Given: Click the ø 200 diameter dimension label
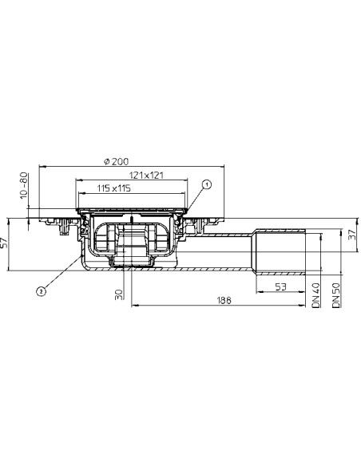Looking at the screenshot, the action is click(117, 161).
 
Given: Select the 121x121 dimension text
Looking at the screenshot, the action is click(146, 175).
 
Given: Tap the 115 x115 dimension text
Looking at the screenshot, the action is click(114, 188).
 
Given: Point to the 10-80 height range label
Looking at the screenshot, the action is click(23, 186).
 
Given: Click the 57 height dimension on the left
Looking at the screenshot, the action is click(4, 243).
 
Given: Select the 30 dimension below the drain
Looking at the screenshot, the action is click(119, 294).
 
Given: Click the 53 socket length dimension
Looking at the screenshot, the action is click(280, 286).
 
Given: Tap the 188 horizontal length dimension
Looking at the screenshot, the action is click(224, 300).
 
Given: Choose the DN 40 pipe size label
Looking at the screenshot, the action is click(316, 294).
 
